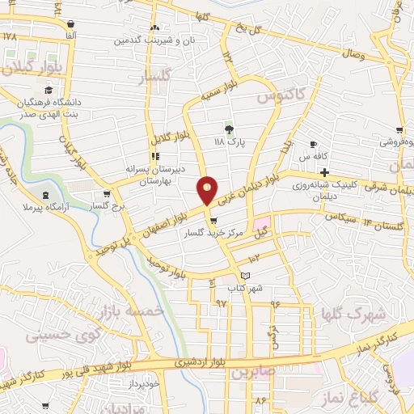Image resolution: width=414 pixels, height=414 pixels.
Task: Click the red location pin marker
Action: pos(209,191)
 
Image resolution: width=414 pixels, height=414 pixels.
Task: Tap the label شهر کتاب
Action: pos(246,289)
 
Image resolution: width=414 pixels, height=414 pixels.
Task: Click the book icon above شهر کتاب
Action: pos(246,277)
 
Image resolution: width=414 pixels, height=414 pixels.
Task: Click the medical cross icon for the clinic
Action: pos(324,173)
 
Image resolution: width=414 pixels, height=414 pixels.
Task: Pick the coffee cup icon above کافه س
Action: pos(311,144)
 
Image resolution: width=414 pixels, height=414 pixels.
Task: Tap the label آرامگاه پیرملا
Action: pos(45,209)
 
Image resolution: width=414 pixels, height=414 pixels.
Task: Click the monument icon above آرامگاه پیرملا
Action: pos(45,194)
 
